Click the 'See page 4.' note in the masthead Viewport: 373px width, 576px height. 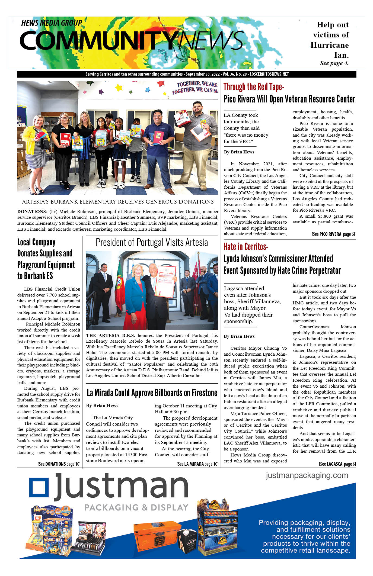point(334,63)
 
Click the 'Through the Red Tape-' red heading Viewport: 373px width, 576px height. point(254,87)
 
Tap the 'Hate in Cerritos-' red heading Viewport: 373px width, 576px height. point(246,247)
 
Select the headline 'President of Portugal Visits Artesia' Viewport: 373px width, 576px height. point(152,242)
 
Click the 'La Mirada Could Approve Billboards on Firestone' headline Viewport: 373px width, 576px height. point(152,393)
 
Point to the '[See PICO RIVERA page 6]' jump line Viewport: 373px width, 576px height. point(333,234)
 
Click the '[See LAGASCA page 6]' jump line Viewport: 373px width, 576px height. point(337,464)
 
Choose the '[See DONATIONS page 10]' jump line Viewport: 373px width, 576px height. point(59,464)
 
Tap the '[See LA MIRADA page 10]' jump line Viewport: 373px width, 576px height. point(197,464)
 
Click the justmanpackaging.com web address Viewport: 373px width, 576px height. point(307,475)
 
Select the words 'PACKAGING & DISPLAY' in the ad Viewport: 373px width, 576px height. point(136,507)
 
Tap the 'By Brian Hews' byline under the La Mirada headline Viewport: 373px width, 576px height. point(102,406)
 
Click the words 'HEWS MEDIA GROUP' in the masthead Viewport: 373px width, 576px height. point(52,23)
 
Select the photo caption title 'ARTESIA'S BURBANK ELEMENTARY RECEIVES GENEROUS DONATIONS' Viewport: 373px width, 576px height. point(118,202)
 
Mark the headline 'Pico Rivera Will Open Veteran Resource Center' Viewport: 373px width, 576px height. point(289,99)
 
